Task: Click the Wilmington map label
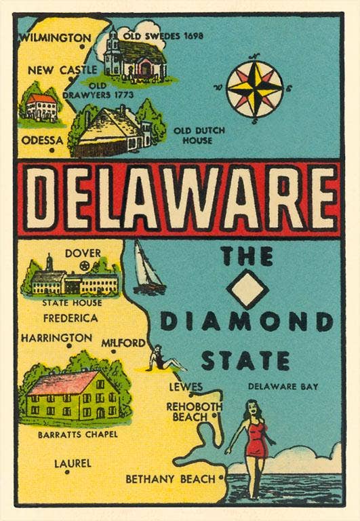tap(54, 38)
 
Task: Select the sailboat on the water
tap(148, 269)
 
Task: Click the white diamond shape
tap(247, 288)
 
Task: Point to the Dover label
tap(83, 253)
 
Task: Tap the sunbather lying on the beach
tap(164, 361)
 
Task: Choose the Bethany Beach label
tap(169, 479)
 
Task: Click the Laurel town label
tap(73, 464)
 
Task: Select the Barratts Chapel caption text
tap(78, 434)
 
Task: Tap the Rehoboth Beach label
tap(195, 411)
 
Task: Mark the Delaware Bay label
tap(283, 387)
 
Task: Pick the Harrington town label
tap(56, 337)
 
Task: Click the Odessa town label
tap(42, 140)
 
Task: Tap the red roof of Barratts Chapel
tap(62, 383)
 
